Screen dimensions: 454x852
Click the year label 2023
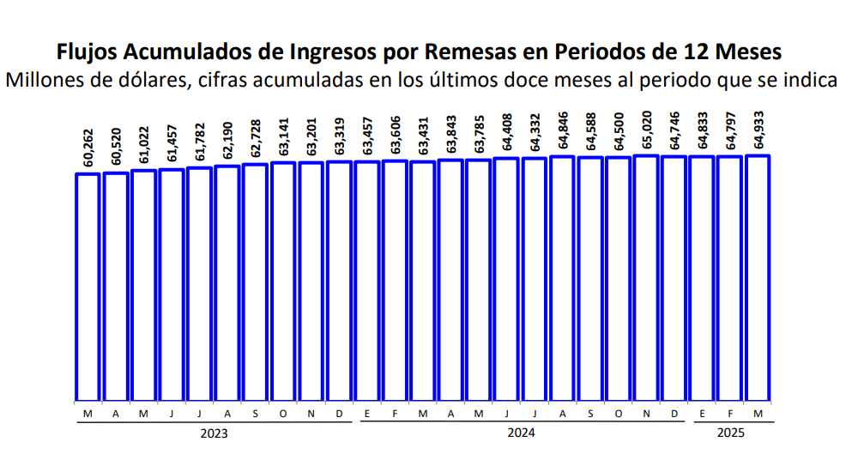click(214, 433)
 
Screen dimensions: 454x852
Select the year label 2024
click(521, 433)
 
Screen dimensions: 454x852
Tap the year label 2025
click(731, 433)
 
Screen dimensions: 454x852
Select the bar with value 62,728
click(256, 282)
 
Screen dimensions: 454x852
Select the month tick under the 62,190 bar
click(227, 415)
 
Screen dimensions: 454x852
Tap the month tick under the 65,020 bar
click(647, 415)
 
